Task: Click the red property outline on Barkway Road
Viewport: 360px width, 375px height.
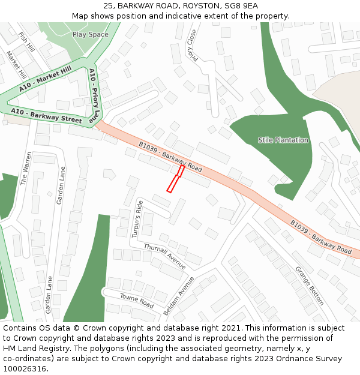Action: [x=175, y=179]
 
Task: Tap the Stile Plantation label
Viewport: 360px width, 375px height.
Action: [x=283, y=140]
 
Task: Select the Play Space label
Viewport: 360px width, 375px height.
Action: [x=91, y=34]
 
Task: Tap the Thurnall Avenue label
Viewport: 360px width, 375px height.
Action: [x=165, y=255]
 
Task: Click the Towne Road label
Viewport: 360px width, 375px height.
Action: [x=137, y=301]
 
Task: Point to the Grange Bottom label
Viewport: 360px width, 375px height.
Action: [x=310, y=286]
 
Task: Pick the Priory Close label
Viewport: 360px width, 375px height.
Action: [x=192, y=45]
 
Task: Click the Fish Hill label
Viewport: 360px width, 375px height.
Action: [x=26, y=43]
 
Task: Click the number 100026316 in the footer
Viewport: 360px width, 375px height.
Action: [x=25, y=369]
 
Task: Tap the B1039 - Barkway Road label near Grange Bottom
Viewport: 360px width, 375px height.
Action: [x=321, y=236]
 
